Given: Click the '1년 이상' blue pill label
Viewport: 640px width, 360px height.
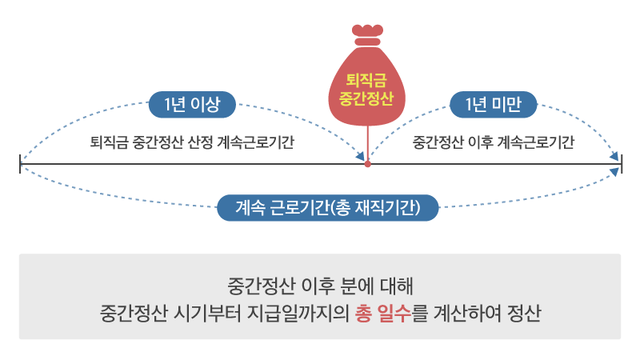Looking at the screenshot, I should pos(192,104).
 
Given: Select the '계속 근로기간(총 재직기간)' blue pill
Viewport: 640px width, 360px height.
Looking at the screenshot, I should pos(328,207).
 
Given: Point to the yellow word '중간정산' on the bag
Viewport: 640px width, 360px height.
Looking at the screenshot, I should pos(367,98).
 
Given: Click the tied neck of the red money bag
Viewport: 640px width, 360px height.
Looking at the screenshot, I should pos(368,38).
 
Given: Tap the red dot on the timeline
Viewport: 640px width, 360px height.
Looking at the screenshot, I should pos(368,164).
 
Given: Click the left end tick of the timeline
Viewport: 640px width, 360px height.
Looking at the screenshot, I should pos(20,164).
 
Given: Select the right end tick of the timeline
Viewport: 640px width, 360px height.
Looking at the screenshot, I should pos(622,164).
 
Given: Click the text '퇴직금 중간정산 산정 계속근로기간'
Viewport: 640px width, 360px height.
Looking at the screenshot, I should pos(191,143).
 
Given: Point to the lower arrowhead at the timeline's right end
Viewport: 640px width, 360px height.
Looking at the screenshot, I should pos(614,171).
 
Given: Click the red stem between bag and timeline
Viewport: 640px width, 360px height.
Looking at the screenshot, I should pos(368,144).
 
